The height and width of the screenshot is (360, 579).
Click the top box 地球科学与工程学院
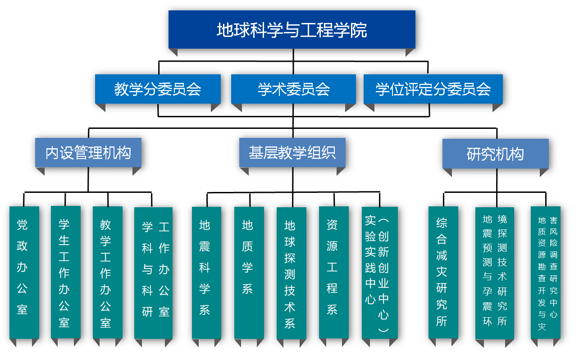point(292,30)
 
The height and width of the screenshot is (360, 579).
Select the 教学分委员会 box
point(158,89)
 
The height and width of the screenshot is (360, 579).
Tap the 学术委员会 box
point(293,89)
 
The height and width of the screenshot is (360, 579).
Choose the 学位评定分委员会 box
point(433,89)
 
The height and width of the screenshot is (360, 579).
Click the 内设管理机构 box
point(88,153)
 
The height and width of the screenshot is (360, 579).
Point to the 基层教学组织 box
point(292,153)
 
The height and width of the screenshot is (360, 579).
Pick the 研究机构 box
point(495,154)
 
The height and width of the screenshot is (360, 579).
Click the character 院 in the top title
point(360,30)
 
